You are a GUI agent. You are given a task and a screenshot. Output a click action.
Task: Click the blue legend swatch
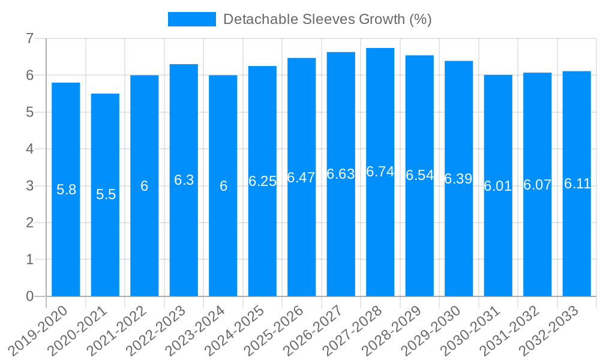191,19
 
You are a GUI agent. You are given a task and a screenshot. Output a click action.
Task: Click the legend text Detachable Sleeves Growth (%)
327,19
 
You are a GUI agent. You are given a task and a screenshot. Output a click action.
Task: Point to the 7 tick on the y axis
29,39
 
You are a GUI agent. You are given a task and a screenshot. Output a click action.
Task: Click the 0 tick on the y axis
29,296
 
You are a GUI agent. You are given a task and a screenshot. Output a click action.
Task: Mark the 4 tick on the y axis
29,149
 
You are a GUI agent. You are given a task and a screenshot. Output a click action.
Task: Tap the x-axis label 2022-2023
163,330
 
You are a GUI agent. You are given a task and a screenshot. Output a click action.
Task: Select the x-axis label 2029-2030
437,330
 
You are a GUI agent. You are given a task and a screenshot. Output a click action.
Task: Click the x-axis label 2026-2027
320,330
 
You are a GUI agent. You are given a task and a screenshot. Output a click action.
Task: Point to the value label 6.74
380,172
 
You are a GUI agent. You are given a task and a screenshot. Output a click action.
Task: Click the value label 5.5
106,194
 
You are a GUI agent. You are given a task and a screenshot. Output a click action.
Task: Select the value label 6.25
262,181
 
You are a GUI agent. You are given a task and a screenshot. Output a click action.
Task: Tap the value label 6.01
498,186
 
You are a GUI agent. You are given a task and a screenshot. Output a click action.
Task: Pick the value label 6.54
419,175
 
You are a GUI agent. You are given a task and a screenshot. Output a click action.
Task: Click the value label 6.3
184,180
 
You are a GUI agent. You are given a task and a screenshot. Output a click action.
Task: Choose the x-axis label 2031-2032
516,330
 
